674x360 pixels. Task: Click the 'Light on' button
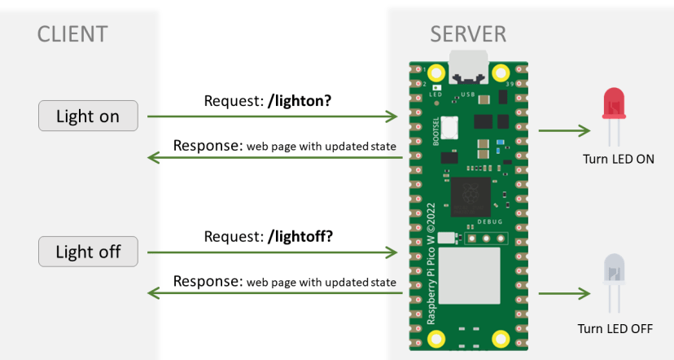88,116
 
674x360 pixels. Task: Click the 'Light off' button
88,252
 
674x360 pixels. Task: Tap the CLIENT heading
72,34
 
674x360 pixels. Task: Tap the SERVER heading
468,34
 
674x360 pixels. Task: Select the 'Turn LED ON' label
619,160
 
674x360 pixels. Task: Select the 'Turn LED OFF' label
615,328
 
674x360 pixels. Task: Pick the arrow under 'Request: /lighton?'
272,117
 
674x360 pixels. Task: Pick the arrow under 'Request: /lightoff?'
272,252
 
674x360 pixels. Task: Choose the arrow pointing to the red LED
563,130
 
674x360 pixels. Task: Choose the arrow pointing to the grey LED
563,292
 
